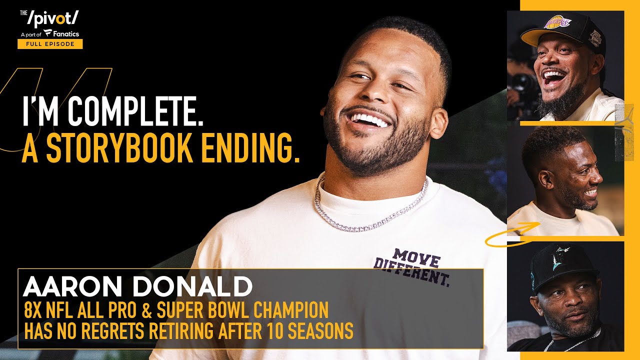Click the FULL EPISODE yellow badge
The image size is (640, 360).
tap(50, 44)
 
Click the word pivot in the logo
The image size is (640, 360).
tap(53, 18)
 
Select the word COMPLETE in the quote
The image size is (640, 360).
tap(135, 111)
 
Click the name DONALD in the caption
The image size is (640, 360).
tap(192, 286)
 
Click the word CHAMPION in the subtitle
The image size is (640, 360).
tap(291, 309)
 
